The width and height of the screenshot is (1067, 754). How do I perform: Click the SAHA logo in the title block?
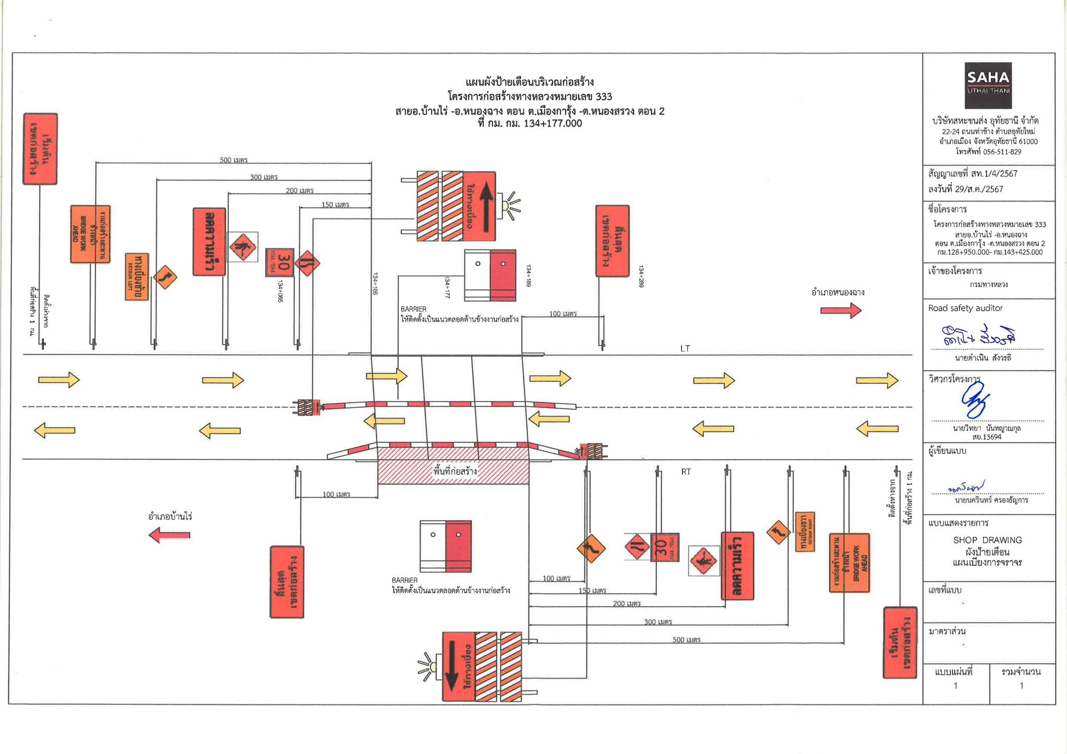tap(988, 85)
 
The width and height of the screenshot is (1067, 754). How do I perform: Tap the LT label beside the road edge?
tap(685, 348)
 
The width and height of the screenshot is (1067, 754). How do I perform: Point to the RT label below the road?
tap(686, 472)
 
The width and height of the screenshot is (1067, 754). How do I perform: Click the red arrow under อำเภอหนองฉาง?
tap(841, 311)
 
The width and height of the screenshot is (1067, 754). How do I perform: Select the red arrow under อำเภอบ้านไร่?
tap(169, 535)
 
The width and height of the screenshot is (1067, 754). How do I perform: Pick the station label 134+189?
tap(528, 276)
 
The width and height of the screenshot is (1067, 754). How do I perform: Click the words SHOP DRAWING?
tap(987, 540)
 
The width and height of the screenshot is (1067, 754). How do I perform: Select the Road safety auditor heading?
tap(965, 308)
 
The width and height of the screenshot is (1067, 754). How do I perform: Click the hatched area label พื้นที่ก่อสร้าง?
tap(455, 471)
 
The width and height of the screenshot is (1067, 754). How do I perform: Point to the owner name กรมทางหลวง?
tap(988, 285)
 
